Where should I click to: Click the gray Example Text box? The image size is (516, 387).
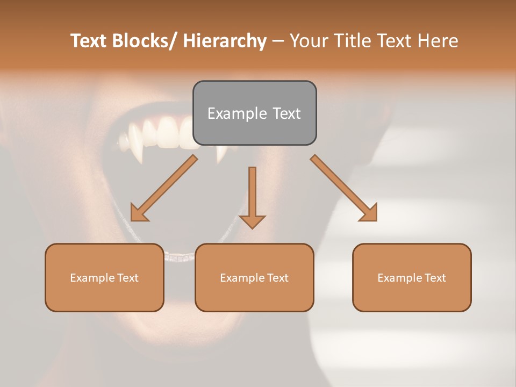(254, 113)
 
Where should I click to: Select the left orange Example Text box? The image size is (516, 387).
(104, 277)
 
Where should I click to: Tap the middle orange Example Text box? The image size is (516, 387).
(254, 277)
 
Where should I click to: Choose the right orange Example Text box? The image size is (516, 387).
(412, 277)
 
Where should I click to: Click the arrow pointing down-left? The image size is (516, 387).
(164, 188)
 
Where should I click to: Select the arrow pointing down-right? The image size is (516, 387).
(344, 188)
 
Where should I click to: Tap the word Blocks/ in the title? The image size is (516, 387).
(145, 41)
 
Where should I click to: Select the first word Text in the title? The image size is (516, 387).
(89, 41)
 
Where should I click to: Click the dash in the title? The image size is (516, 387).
(278, 41)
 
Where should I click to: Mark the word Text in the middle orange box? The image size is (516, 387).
(277, 277)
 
